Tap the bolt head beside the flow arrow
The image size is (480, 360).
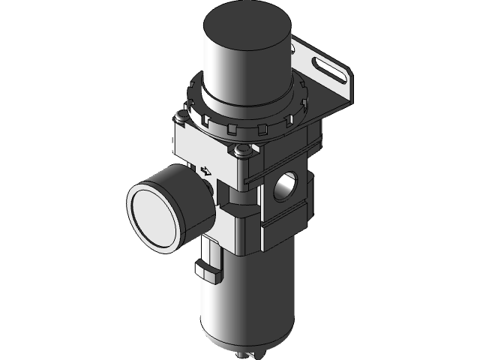point(241,153)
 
